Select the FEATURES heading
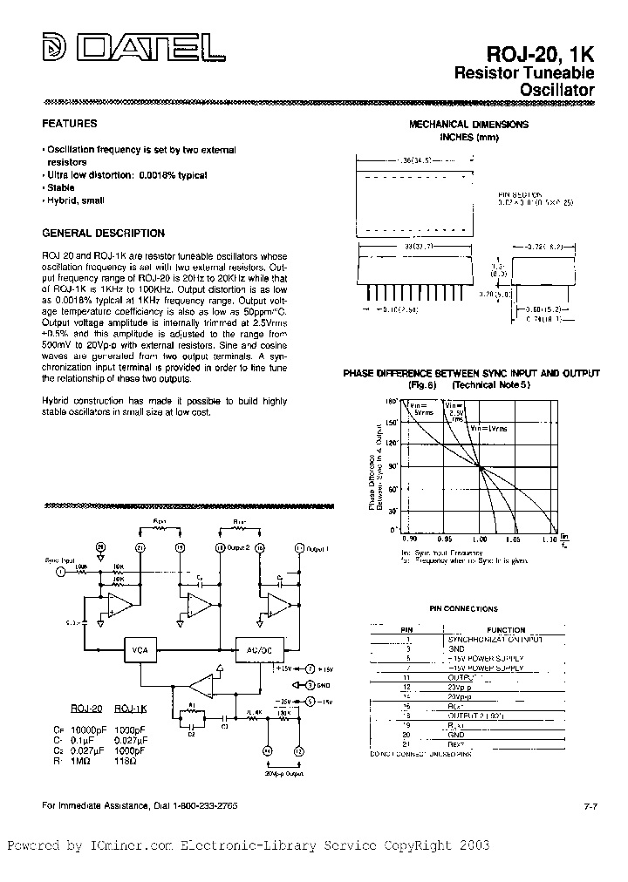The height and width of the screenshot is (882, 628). point(70,124)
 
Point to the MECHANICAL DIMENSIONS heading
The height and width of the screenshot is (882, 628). point(468,125)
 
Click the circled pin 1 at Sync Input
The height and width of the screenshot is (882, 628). point(60,572)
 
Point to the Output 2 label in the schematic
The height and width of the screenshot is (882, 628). point(239,547)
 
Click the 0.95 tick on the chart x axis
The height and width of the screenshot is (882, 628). point(443,538)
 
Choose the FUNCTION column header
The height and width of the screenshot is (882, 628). point(506,629)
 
